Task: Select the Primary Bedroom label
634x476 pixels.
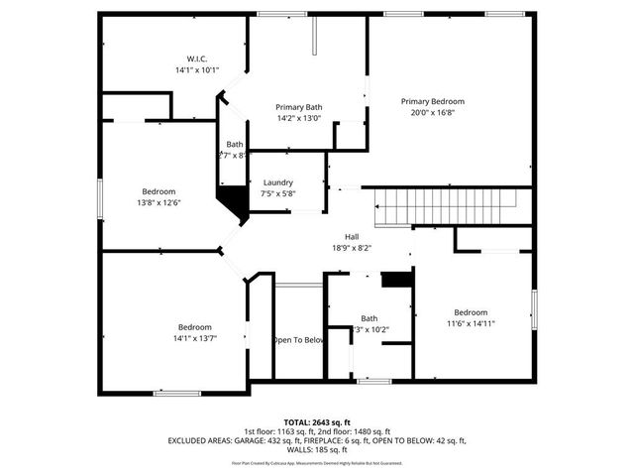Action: pyautogui.click(x=432, y=101)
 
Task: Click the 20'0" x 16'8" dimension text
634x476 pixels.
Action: pyautogui.click(x=432, y=112)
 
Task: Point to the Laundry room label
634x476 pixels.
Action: pyautogui.click(x=277, y=182)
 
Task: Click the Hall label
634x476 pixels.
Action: pyautogui.click(x=352, y=236)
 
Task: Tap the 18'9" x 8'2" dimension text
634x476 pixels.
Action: pyautogui.click(x=352, y=248)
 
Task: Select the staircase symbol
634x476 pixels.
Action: pyautogui.click(x=446, y=209)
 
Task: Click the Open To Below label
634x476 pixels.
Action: pyautogui.click(x=298, y=339)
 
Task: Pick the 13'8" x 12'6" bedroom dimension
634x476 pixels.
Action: pyautogui.click(x=158, y=202)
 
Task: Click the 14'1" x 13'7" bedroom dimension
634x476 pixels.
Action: pyautogui.click(x=195, y=338)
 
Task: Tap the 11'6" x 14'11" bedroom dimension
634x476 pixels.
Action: pyautogui.click(x=471, y=323)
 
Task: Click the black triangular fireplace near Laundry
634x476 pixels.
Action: pyautogui.click(x=235, y=205)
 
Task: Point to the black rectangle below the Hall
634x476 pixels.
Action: pyautogui.click(x=396, y=281)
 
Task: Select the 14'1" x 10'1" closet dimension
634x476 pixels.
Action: pyautogui.click(x=197, y=70)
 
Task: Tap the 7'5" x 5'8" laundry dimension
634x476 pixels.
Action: pyautogui.click(x=277, y=193)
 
